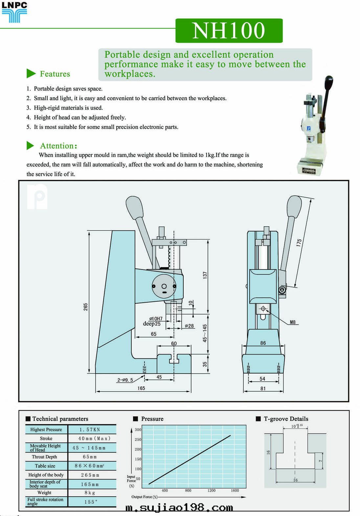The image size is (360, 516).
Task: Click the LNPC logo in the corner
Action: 14,12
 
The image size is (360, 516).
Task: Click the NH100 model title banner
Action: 229,31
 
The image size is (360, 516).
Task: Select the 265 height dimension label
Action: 85,307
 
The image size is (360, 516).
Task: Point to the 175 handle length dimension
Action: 299,243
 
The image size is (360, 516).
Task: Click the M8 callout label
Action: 292,322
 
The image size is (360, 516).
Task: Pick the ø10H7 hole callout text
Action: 156,319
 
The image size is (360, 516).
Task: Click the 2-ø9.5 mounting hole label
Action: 125,380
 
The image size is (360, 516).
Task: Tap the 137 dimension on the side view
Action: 205,275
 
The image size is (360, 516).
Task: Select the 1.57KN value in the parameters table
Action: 90,430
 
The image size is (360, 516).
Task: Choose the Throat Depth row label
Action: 44,457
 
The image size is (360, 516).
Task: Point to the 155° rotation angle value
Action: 91,502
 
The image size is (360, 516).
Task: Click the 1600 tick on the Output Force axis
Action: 235,490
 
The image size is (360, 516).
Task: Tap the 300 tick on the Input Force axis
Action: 138,430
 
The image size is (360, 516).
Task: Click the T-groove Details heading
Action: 286,419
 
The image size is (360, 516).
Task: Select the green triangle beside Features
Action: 31,74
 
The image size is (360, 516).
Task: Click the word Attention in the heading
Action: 57,146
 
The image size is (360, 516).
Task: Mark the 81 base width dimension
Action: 263,388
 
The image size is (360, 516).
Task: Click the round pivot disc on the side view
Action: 164,286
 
